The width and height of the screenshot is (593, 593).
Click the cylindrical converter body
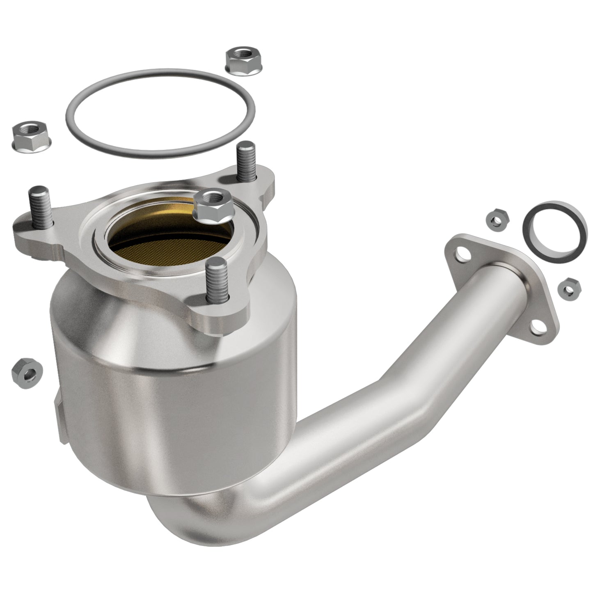172,382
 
